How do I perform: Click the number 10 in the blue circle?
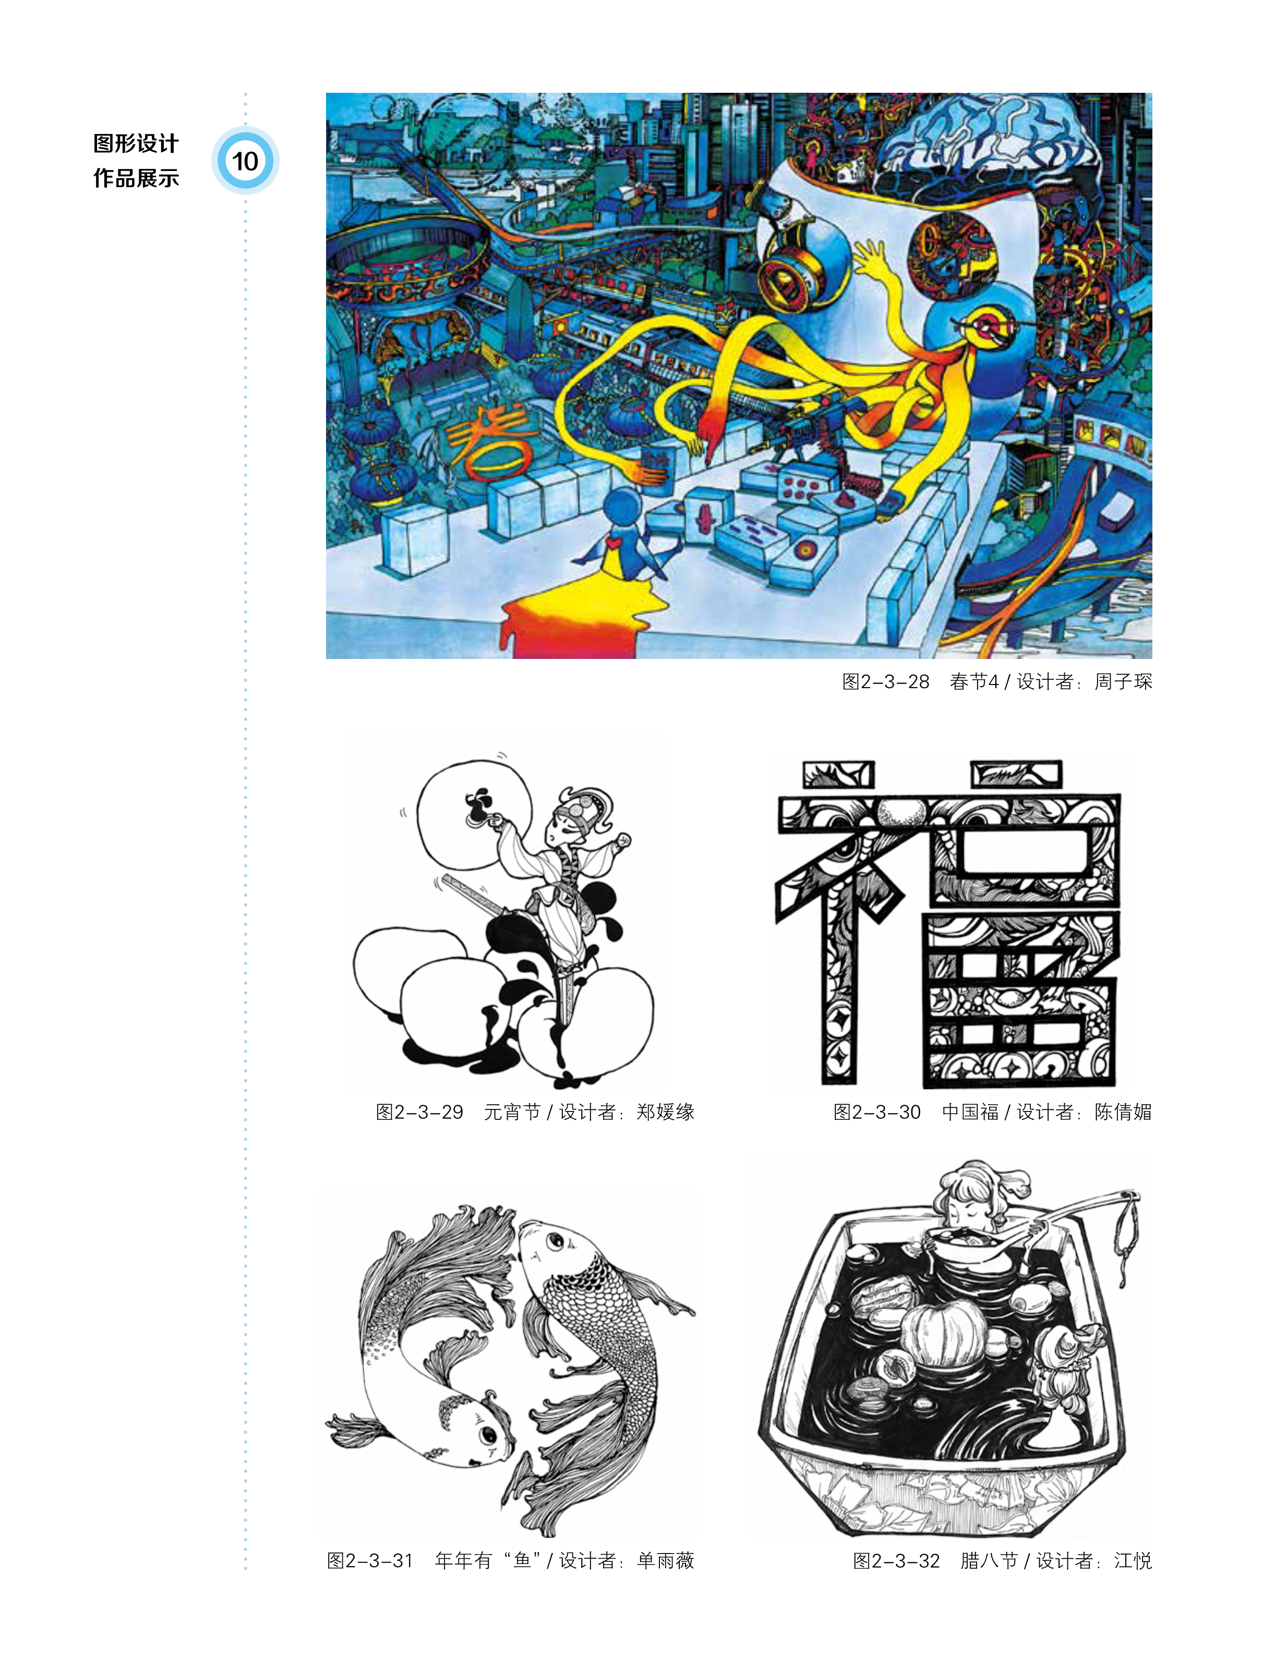point(245,161)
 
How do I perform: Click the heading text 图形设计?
point(136,143)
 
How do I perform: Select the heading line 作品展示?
point(136,178)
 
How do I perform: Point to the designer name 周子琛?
point(1123,681)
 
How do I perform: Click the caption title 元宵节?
point(512,1112)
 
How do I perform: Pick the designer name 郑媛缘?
point(665,1112)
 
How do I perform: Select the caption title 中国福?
point(970,1112)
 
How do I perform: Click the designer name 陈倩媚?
point(1123,1112)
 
